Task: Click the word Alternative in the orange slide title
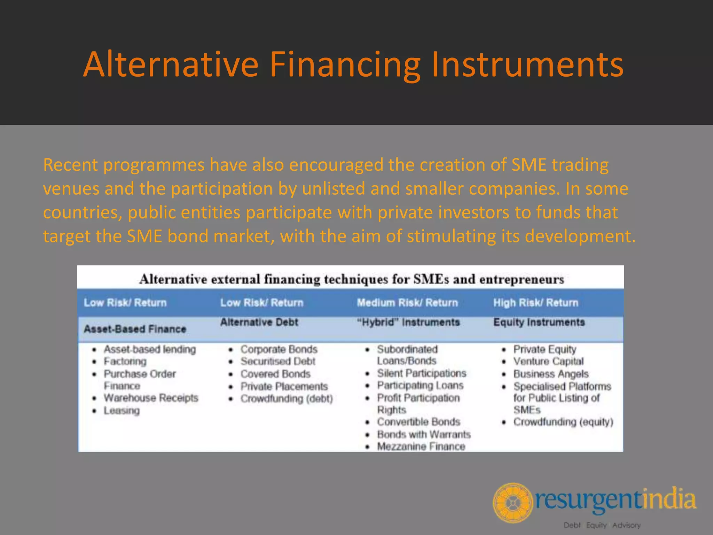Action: [171, 65]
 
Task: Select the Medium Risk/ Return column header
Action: [407, 303]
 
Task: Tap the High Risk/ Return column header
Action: [535, 303]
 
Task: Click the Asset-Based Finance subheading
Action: [135, 329]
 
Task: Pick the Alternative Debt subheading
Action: [259, 322]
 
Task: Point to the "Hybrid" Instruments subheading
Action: [408, 322]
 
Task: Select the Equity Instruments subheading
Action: [539, 322]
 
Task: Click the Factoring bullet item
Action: [125, 362]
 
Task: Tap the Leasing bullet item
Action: [122, 411]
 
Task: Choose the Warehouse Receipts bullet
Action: [151, 398]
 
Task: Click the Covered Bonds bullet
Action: [275, 374]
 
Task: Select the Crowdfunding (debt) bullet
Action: [287, 398]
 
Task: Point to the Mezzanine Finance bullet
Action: [421, 447]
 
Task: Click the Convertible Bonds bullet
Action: [418, 422]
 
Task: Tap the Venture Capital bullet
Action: [548, 362]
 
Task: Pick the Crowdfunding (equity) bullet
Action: [563, 422]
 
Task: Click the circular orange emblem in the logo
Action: [512, 503]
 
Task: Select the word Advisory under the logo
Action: [626, 525]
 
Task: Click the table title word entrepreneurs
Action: [522, 279]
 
